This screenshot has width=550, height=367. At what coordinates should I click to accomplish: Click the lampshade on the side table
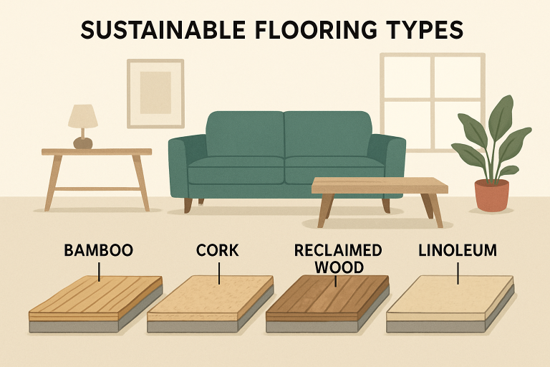point(83,116)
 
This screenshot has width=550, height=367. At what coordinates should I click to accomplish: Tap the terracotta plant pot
point(491,195)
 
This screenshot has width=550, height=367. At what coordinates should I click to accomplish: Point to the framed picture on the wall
point(155,93)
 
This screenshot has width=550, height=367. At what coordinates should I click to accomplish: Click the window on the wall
point(431,100)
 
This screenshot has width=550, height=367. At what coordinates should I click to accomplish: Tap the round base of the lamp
point(83,143)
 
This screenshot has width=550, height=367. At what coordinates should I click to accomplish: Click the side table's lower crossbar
point(97,189)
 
